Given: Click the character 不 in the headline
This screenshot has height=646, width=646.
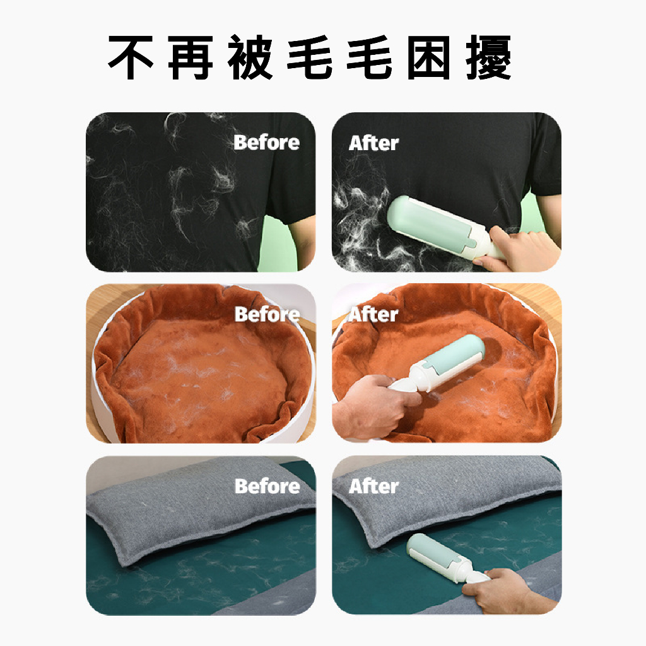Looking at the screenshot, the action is (131, 57).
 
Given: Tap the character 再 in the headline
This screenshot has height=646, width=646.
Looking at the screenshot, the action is (191, 57).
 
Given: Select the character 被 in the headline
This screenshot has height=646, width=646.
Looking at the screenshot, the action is (250, 57).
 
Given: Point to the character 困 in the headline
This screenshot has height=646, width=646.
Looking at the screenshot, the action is (429, 57).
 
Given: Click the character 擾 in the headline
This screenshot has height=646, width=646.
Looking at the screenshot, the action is (489, 57).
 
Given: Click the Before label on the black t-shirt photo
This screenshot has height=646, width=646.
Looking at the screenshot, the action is (267, 143).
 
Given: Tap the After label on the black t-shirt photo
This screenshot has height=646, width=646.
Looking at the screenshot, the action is (373, 143).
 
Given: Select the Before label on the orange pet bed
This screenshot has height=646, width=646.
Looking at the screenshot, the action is (267, 314).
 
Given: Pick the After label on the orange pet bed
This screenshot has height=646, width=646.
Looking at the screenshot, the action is (373, 315).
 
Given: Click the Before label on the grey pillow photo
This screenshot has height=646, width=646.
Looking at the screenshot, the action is (267, 486).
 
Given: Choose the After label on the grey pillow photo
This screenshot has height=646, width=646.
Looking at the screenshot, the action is (373, 486).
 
